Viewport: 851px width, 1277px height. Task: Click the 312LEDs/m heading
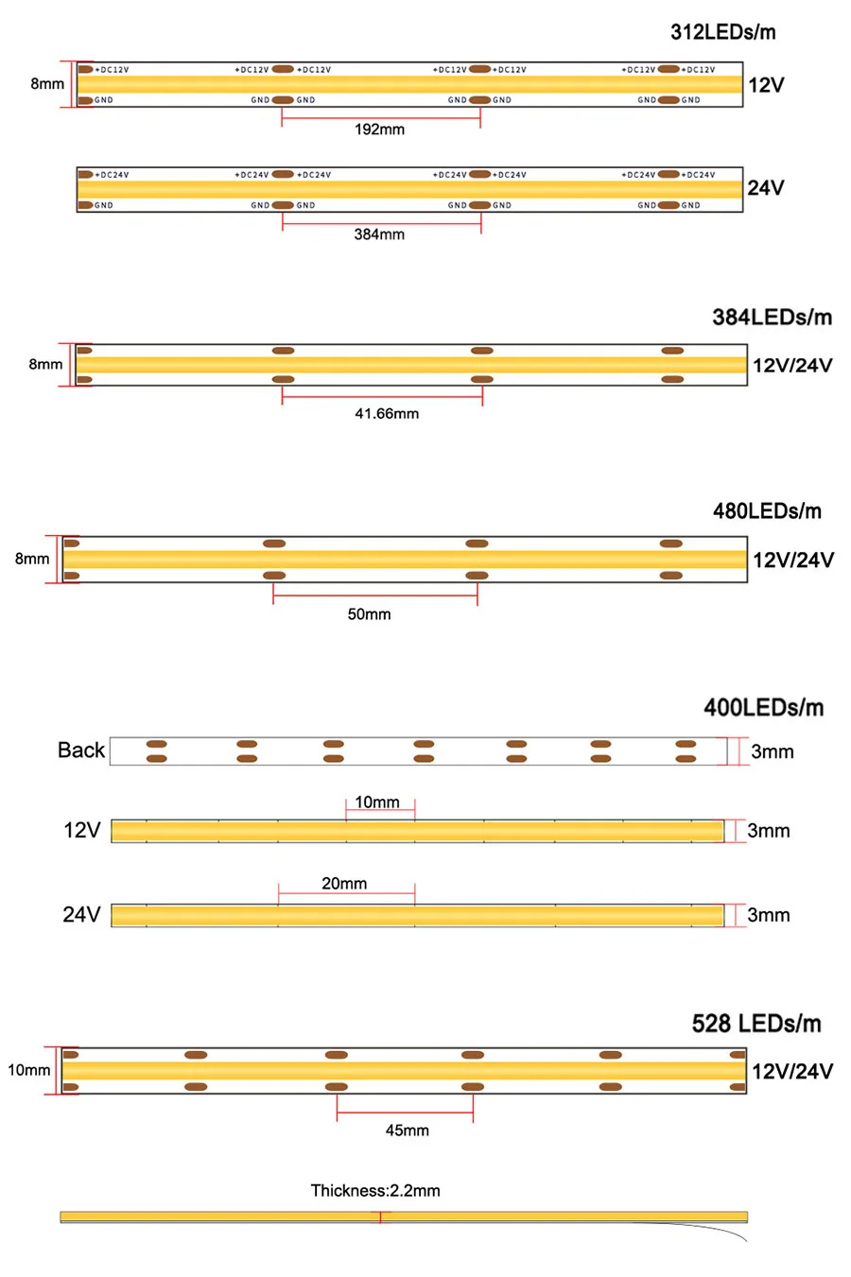point(722,32)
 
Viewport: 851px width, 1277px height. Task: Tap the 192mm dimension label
point(379,129)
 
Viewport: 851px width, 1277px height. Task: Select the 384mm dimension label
point(379,234)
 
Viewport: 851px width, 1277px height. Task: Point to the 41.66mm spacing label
point(387,414)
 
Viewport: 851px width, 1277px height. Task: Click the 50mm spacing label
point(369,614)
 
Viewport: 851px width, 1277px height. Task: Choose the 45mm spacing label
point(407,1130)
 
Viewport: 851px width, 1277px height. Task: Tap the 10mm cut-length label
point(377,802)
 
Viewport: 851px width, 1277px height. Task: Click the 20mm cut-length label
point(344,884)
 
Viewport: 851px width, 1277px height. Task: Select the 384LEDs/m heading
point(772,318)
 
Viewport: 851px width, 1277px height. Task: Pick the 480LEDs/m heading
point(767,511)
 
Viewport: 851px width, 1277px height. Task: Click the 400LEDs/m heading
point(763,708)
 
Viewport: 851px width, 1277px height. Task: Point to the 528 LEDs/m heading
point(756,1024)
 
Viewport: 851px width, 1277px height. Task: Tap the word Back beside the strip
point(81,751)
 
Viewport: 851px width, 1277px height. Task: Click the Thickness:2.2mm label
point(375,1191)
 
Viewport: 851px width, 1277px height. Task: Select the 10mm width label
point(28,1070)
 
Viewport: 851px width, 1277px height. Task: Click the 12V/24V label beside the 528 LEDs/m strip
point(792,1072)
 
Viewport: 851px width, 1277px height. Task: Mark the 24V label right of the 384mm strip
point(766,188)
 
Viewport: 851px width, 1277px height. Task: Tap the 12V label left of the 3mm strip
point(81,831)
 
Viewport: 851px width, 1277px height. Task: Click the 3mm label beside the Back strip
point(772,752)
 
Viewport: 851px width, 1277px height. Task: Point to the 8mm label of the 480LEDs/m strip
point(31,559)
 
